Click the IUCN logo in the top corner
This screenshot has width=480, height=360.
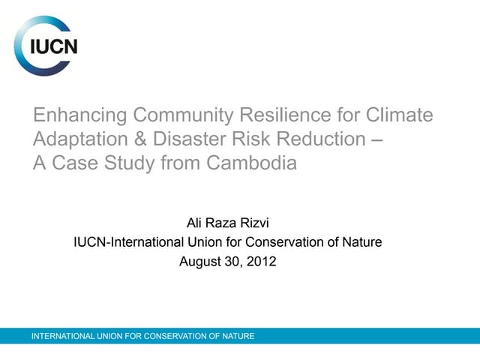[46, 46]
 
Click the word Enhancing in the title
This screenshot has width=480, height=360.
[79, 116]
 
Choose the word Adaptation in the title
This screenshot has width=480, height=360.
[78, 139]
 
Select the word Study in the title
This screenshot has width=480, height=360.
[128, 163]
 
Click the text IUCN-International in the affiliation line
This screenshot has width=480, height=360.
[127, 242]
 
